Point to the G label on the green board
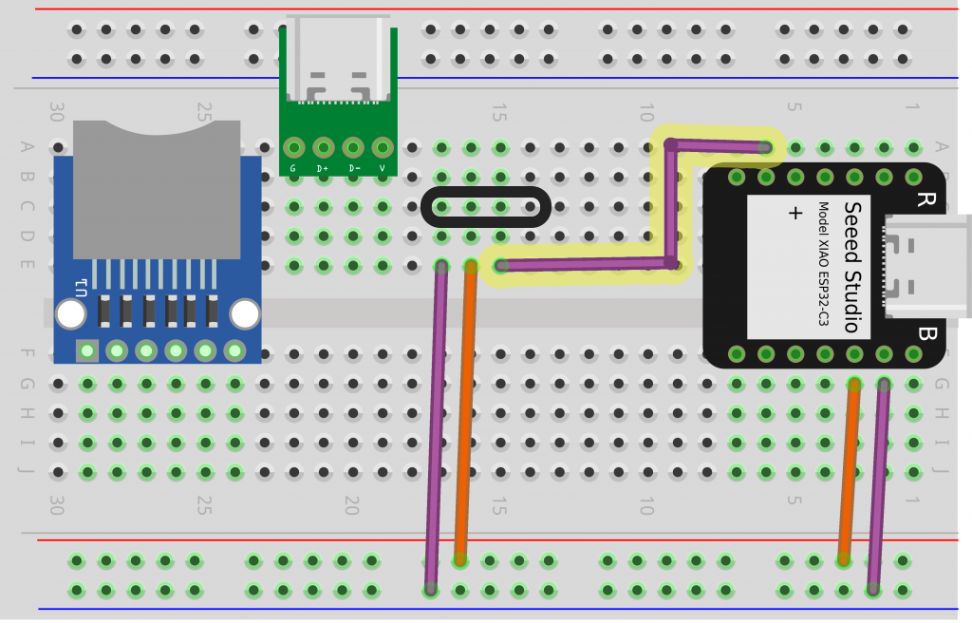(293, 169)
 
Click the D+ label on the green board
(324, 169)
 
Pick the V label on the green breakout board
(383, 169)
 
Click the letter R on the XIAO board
(925, 199)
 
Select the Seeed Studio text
(852, 267)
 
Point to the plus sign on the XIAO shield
(795, 214)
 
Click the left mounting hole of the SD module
(70, 313)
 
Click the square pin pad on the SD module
(87, 351)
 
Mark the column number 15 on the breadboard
(497, 113)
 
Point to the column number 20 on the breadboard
(351, 504)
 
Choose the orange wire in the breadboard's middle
(465, 408)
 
